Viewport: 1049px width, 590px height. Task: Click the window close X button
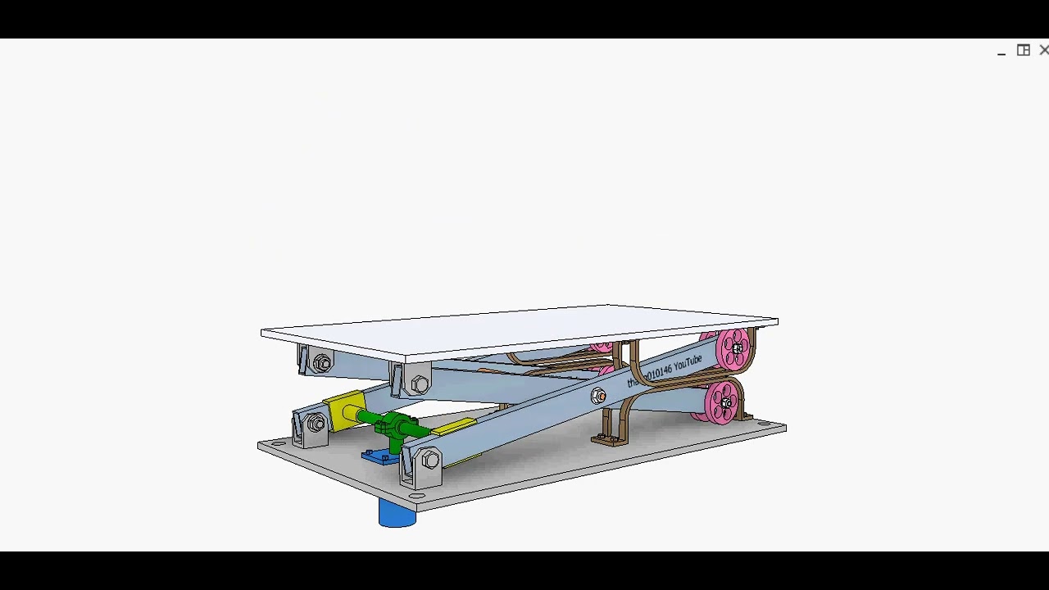[1043, 51]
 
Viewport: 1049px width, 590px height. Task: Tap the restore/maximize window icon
[1024, 51]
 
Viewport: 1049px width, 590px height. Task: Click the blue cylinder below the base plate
[397, 514]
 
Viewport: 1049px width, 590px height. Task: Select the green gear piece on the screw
[397, 426]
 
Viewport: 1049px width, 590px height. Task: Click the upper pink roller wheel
[733, 347]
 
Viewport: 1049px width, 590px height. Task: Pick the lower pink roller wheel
[723, 402]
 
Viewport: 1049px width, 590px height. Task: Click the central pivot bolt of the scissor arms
[599, 397]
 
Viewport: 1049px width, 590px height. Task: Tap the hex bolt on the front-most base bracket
[429, 461]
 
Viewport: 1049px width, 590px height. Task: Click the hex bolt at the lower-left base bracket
[316, 424]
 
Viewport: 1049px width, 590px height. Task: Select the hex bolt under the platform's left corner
[322, 362]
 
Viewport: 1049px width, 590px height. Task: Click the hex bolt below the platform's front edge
[420, 383]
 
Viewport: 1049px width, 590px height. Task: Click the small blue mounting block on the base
[379, 456]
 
